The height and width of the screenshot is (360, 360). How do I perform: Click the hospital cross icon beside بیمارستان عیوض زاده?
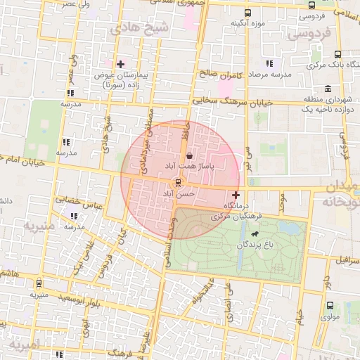[x=121, y=64]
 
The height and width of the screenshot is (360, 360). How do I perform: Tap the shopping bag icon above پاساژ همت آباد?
[x=189, y=156]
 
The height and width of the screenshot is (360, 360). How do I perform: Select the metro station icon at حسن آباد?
[x=178, y=183]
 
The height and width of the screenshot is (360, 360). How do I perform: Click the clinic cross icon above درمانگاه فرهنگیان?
[x=235, y=194]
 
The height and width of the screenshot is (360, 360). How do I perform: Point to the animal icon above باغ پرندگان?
[x=254, y=235]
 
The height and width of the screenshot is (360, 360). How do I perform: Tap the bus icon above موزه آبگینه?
[x=247, y=13]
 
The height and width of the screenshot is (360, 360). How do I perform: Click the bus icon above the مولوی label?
[x=330, y=305]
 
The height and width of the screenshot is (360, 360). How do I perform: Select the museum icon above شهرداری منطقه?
[x=328, y=89]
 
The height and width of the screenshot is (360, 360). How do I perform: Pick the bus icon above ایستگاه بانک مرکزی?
[x=338, y=54]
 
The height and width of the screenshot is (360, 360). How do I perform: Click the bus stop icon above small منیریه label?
[x=38, y=284]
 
